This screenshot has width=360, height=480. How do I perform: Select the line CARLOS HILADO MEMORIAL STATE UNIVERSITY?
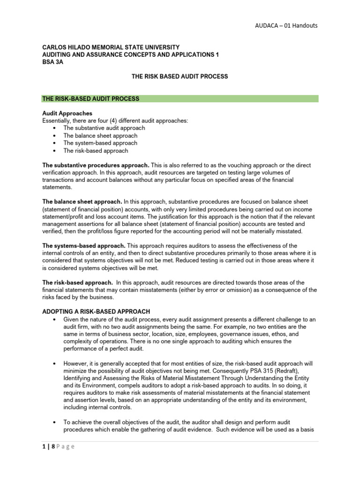111,47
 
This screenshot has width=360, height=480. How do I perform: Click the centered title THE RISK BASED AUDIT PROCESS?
180,76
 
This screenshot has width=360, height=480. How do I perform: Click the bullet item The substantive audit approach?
104,128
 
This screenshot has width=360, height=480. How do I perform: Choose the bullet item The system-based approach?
100,143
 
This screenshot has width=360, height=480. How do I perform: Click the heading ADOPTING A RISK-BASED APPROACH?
96,311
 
